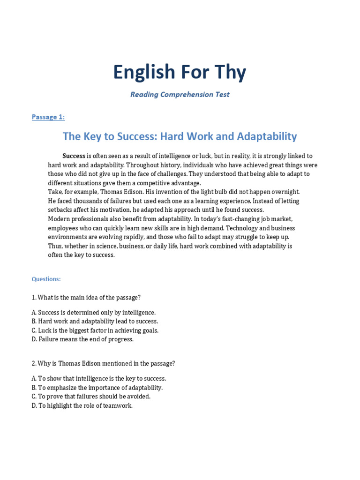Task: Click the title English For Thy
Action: pyautogui.click(x=180, y=72)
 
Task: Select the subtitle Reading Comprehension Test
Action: pyautogui.click(x=180, y=94)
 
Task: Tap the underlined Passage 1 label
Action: pyautogui.click(x=48, y=117)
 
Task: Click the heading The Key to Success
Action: pyautogui.click(x=180, y=136)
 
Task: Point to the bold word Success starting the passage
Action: pyautogui.click(x=74, y=156)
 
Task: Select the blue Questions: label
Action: pyautogui.click(x=46, y=279)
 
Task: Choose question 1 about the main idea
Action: pyautogui.click(x=86, y=297)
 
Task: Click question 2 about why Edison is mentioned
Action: pyautogui.click(x=103, y=363)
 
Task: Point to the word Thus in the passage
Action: pyautogui.click(x=55, y=246)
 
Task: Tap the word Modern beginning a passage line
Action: pyautogui.click(x=60, y=219)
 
